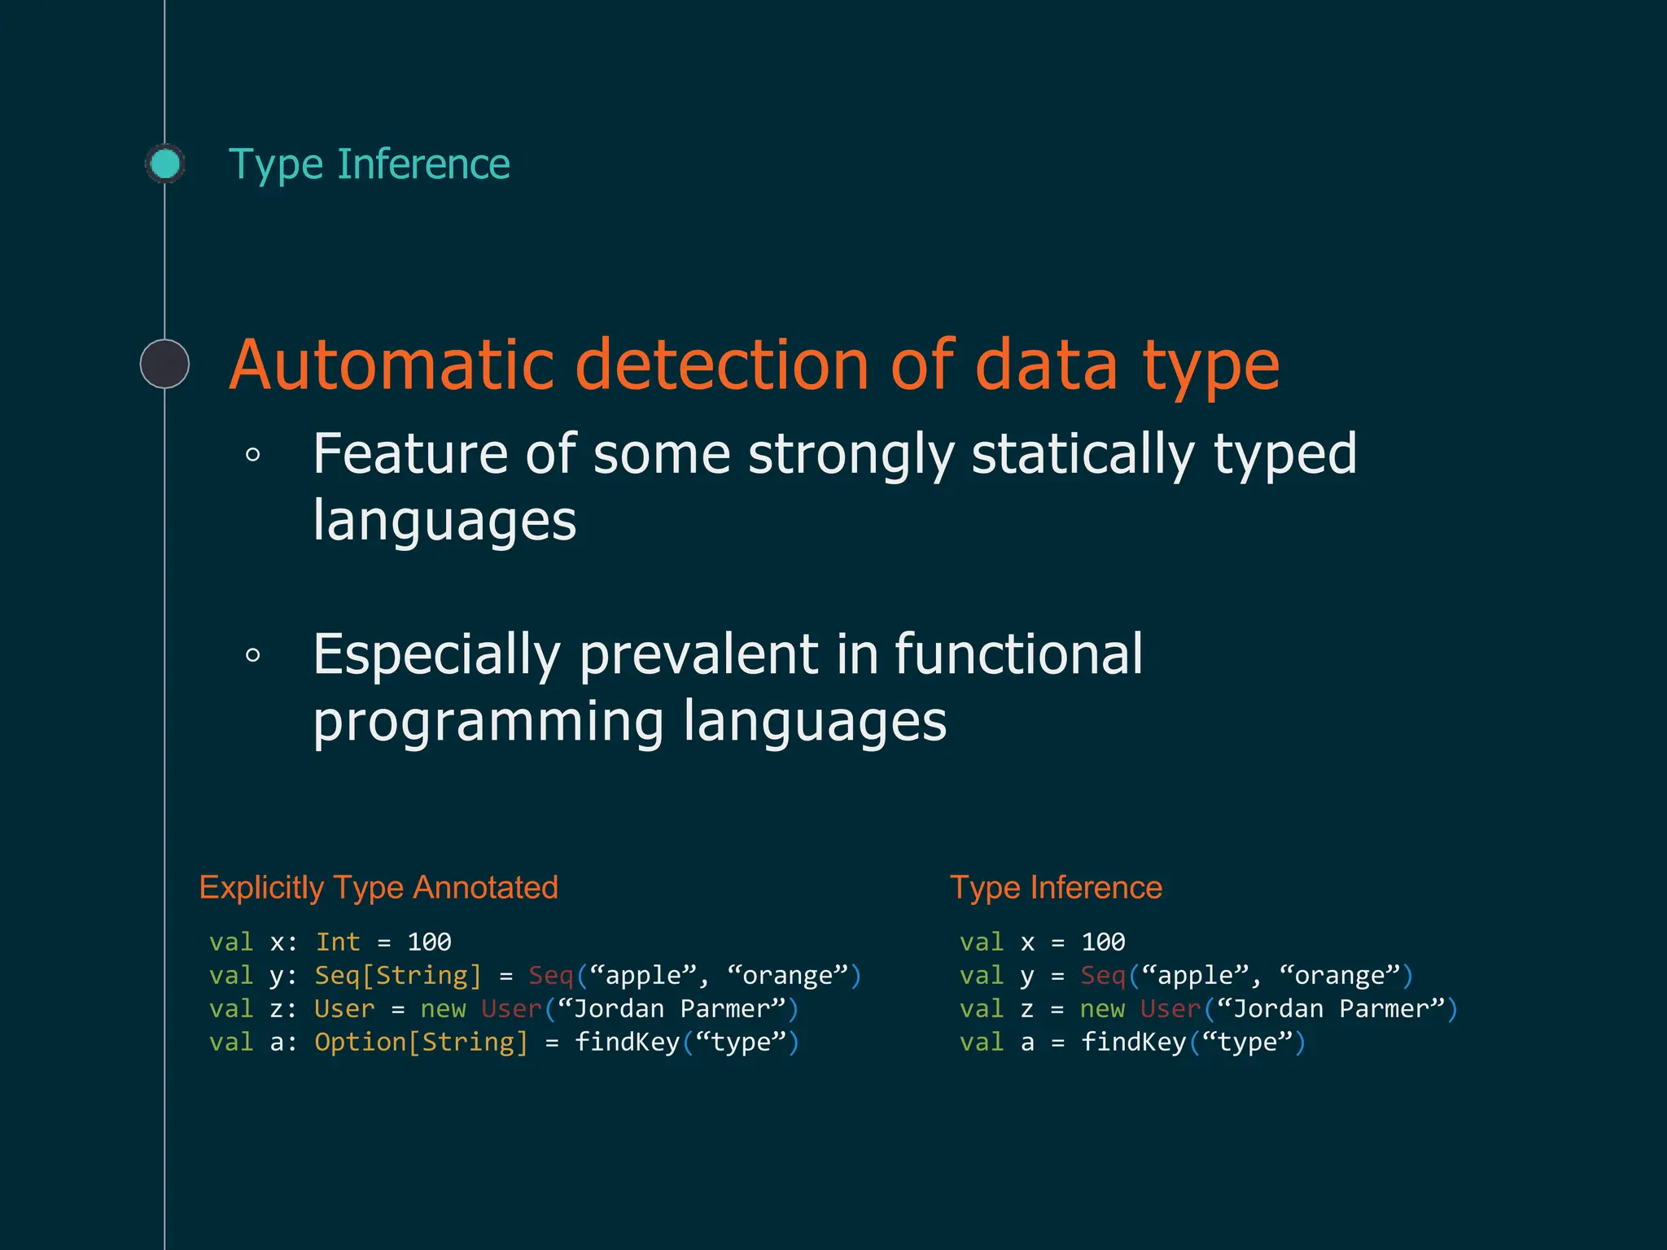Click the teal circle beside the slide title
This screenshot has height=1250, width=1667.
(165, 164)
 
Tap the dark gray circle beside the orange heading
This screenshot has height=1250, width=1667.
(164, 364)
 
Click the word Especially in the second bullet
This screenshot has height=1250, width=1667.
(437, 655)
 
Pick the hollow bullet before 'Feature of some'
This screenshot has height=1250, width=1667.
(253, 455)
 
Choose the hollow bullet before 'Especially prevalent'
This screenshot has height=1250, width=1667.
(253, 655)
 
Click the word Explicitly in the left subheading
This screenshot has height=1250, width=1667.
(261, 888)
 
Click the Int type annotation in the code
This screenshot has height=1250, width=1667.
(338, 942)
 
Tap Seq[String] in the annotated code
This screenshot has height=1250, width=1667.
(398, 976)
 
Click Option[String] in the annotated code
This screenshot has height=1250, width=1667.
(422, 1042)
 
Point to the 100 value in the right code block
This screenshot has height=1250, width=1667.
(1103, 942)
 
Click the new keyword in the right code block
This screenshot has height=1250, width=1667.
(1102, 1009)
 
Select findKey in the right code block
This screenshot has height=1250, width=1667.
(1134, 1042)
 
